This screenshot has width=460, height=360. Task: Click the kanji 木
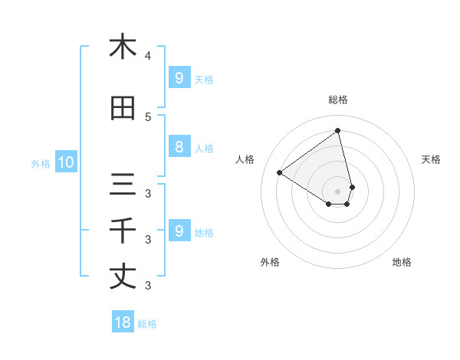(x=123, y=47)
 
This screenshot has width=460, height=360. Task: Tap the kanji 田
(x=123, y=109)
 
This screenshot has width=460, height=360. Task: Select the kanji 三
(x=123, y=185)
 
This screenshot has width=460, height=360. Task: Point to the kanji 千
(x=123, y=231)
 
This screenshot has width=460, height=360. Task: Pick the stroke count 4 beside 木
(x=148, y=56)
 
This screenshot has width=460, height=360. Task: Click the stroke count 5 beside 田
(x=148, y=117)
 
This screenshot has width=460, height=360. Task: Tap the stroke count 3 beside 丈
(x=148, y=286)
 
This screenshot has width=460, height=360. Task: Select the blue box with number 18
(x=123, y=322)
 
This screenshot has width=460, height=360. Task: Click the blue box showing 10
(x=65, y=162)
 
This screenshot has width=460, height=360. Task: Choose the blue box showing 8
(x=179, y=147)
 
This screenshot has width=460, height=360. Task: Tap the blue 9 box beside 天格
(x=179, y=78)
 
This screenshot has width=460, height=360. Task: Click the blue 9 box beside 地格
(x=179, y=231)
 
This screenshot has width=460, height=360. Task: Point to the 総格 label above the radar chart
(x=338, y=100)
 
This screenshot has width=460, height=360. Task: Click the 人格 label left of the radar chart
(x=245, y=159)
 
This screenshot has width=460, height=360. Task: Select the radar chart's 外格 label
(x=270, y=262)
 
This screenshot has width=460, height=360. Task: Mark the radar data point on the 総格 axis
(x=338, y=130)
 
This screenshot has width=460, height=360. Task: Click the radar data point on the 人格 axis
(x=280, y=172)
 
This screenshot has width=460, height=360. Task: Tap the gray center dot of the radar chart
(x=338, y=191)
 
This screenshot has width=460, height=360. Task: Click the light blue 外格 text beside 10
(x=40, y=163)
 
